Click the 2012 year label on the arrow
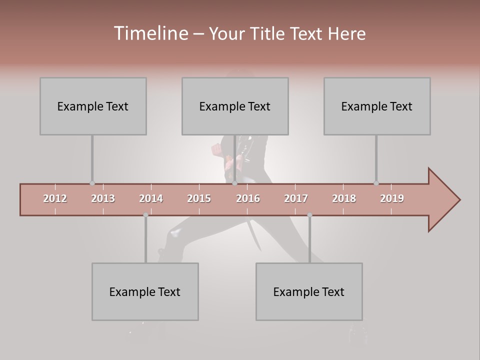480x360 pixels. tap(55, 198)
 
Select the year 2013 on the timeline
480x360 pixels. tap(103, 198)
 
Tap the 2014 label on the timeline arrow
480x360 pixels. tap(151, 198)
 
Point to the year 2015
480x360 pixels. tap(199, 198)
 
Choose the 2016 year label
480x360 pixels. tap(248, 198)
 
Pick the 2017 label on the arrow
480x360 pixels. tap(296, 198)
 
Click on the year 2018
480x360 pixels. tap(344, 198)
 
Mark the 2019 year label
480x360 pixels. tap(392, 198)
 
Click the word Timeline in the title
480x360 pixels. tap(150, 33)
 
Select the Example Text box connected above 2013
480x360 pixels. tap(93, 106)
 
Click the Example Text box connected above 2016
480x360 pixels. tap(235, 106)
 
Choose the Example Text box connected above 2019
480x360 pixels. tap(377, 106)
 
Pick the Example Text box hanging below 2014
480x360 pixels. tap(145, 291)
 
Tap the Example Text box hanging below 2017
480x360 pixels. tap(309, 291)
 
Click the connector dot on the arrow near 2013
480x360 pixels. tap(92, 183)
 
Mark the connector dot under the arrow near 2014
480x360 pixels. tap(145, 215)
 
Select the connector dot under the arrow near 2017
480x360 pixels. tap(309, 215)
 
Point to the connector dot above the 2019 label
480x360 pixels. tap(376, 183)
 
